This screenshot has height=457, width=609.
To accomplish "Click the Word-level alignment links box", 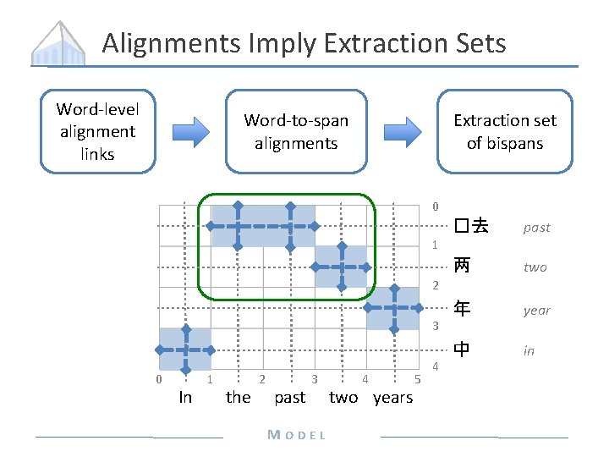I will pyautogui.click(x=97, y=131).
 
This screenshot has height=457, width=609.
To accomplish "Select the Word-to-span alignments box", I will pyautogui.click(x=296, y=132).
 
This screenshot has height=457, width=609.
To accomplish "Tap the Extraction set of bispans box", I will pyautogui.click(x=504, y=132).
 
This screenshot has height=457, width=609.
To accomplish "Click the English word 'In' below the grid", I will pyautogui.click(x=185, y=397).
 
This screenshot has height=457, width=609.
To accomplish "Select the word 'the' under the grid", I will pyautogui.click(x=238, y=397).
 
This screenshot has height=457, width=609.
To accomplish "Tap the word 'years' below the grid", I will pyautogui.click(x=393, y=397).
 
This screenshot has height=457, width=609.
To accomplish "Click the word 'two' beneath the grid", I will pyautogui.click(x=343, y=397).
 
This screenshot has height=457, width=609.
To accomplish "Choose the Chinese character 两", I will pyautogui.click(x=461, y=266).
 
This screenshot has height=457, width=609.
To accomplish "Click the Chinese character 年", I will pyautogui.click(x=461, y=309).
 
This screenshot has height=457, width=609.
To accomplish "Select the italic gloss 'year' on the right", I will pyautogui.click(x=536, y=310).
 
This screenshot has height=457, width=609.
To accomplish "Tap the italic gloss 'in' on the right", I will pyautogui.click(x=529, y=350).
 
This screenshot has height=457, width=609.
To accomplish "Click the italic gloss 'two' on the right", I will pyautogui.click(x=535, y=267).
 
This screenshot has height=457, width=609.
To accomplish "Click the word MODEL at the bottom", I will pyautogui.click(x=296, y=435).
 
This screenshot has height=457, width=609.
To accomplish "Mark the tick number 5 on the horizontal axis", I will pyautogui.click(x=417, y=378).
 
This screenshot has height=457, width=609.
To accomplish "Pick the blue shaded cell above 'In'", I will pyautogui.click(x=185, y=350).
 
